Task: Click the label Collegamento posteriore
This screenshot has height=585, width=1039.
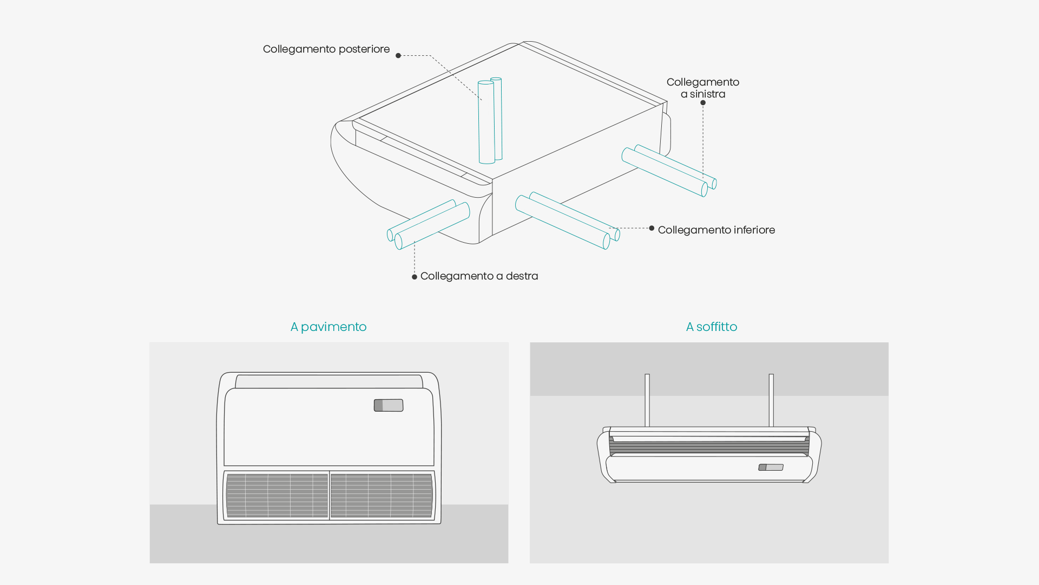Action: click(x=326, y=49)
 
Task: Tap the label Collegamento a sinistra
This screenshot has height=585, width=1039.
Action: click(x=702, y=88)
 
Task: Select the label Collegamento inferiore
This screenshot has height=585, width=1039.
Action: click(x=716, y=230)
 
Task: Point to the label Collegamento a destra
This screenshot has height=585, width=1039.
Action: click(x=479, y=276)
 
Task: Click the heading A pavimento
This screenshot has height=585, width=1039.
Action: click(x=328, y=327)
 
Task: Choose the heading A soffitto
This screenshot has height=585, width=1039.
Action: click(x=711, y=327)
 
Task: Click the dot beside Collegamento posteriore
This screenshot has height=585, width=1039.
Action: click(x=398, y=55)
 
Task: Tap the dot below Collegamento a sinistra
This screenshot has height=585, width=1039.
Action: click(x=703, y=103)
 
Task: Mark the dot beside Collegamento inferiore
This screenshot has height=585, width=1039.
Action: click(x=652, y=228)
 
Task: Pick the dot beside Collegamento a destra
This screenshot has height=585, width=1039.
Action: click(x=415, y=277)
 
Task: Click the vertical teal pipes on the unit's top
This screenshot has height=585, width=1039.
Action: click(x=490, y=121)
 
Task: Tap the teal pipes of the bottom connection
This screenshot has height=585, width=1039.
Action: click(x=565, y=219)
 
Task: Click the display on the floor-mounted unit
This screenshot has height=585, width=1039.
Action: click(x=389, y=405)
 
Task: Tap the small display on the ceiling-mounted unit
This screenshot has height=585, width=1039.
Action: click(x=771, y=467)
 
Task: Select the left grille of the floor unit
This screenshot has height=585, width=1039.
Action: click(x=277, y=496)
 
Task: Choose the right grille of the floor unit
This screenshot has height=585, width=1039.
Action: click(x=382, y=496)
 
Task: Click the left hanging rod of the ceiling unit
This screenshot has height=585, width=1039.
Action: click(x=647, y=400)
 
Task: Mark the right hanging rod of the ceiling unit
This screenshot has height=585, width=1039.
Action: click(x=771, y=400)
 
